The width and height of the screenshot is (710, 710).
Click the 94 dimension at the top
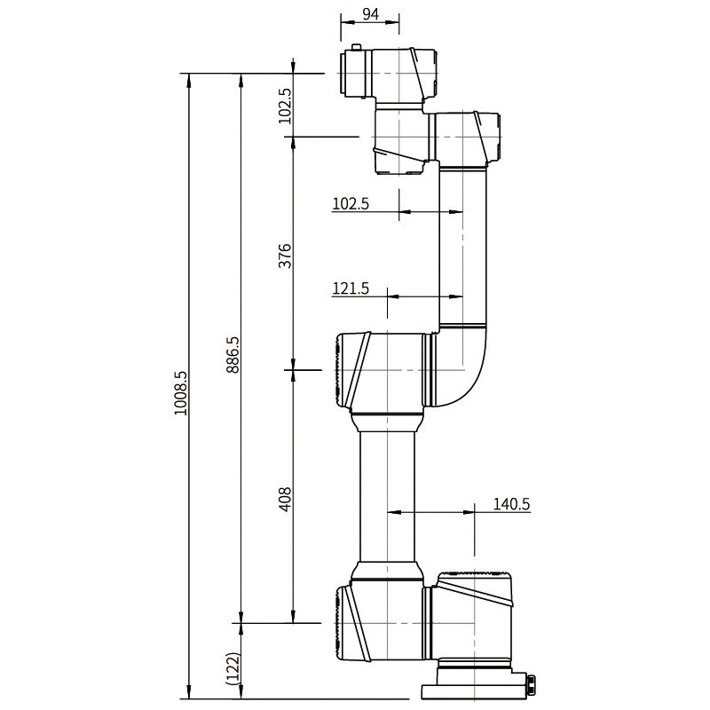tap(369, 15)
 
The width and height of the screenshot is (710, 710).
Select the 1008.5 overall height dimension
tap(181, 394)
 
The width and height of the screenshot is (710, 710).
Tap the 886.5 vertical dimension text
tap(233, 353)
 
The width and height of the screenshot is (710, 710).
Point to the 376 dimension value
tap(285, 256)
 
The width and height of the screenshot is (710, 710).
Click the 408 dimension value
tap(285, 500)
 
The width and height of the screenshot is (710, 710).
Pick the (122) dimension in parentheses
tap(233, 667)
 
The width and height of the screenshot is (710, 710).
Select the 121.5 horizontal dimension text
tap(350, 288)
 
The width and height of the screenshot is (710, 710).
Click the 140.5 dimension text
tap(511, 504)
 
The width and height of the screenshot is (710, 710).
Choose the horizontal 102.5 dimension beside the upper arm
tap(350, 203)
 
